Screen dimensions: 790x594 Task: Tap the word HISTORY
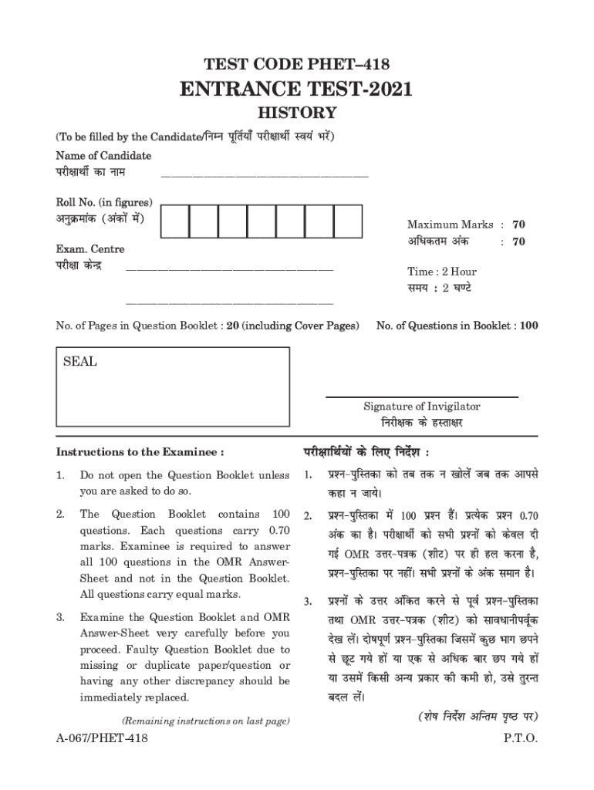point(296,113)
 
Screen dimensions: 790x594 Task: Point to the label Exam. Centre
point(89,249)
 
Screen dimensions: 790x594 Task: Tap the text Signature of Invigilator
point(421,407)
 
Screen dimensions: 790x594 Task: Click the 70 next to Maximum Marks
point(519,225)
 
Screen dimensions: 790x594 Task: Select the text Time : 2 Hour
point(442,272)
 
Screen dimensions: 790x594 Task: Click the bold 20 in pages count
point(231,326)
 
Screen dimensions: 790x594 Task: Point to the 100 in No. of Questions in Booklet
point(528,326)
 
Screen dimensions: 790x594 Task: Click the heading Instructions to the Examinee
point(140,451)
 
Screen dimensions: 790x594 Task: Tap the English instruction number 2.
point(60,514)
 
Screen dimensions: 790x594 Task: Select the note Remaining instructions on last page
point(206,721)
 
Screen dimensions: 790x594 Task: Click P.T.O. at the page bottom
point(520,738)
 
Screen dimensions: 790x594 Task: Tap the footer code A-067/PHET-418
point(102,738)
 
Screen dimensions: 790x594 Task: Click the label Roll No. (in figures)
point(103,202)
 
